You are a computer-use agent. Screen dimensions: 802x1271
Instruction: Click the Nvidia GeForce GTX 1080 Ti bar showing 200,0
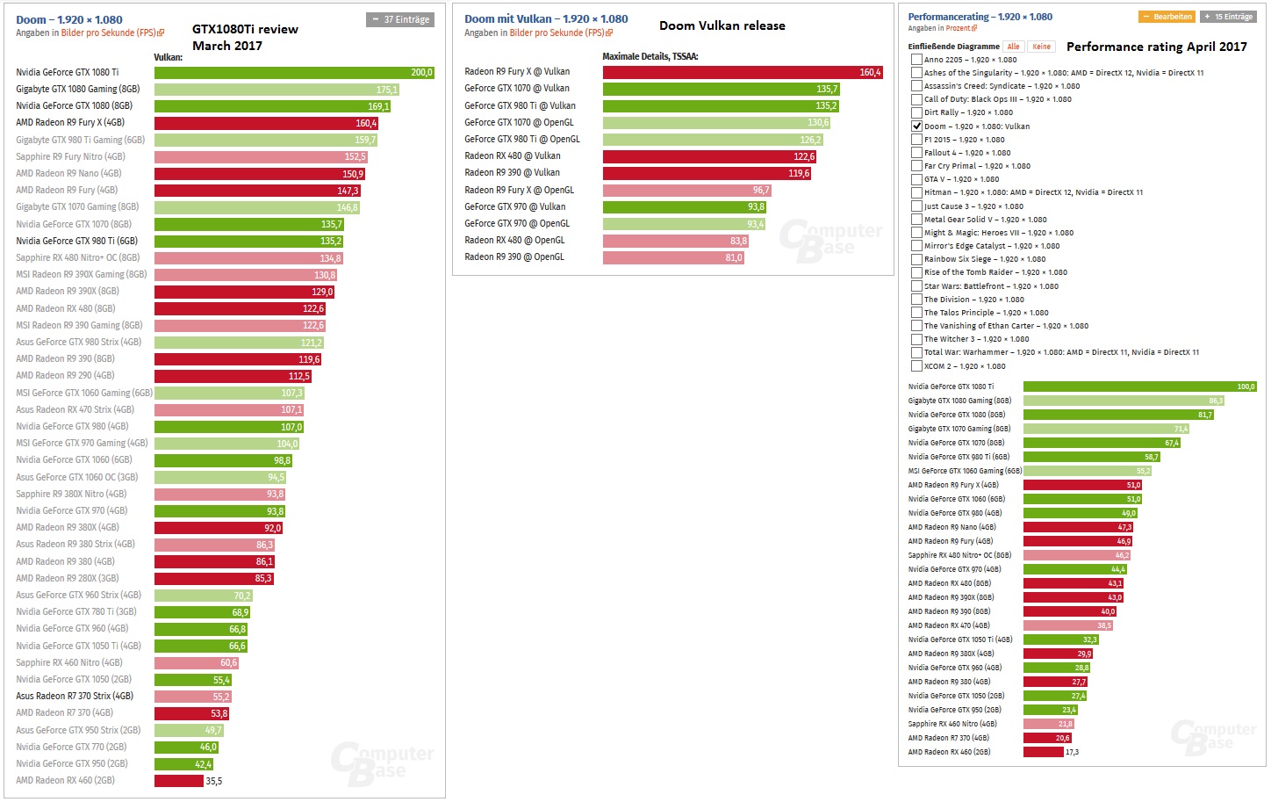coord(294,72)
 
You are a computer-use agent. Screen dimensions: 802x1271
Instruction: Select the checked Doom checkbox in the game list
coord(916,126)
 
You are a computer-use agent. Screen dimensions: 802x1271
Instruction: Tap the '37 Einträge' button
coord(400,19)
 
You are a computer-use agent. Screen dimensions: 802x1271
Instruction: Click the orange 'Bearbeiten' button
coord(1167,17)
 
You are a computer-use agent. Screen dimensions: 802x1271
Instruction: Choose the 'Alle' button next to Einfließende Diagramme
coord(1013,47)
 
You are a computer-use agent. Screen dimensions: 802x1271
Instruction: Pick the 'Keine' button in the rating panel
coord(1041,47)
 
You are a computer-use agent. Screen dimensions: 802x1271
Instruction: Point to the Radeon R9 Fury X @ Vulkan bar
coord(743,72)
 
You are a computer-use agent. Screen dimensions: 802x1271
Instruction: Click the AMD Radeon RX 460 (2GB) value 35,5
coord(214,781)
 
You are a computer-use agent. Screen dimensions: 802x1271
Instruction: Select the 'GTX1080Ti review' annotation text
coord(245,29)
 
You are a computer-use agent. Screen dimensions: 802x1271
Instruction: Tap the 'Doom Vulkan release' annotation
coord(722,25)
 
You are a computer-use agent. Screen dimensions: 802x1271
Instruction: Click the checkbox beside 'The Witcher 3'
coord(916,339)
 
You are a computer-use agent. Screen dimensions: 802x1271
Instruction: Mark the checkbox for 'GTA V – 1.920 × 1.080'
coord(916,179)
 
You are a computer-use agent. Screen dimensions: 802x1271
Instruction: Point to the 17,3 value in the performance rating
coord(1072,752)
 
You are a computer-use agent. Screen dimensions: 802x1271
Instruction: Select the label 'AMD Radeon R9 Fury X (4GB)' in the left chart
coord(70,123)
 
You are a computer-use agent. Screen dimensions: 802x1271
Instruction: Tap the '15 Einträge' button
coord(1228,17)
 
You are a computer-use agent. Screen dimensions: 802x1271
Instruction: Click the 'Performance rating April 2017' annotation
coord(1156,47)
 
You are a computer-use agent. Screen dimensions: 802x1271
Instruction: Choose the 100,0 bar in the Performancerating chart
coord(1140,387)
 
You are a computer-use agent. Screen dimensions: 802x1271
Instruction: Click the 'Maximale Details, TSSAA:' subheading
coord(650,56)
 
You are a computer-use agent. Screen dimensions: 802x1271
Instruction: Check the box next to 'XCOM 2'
coord(916,366)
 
